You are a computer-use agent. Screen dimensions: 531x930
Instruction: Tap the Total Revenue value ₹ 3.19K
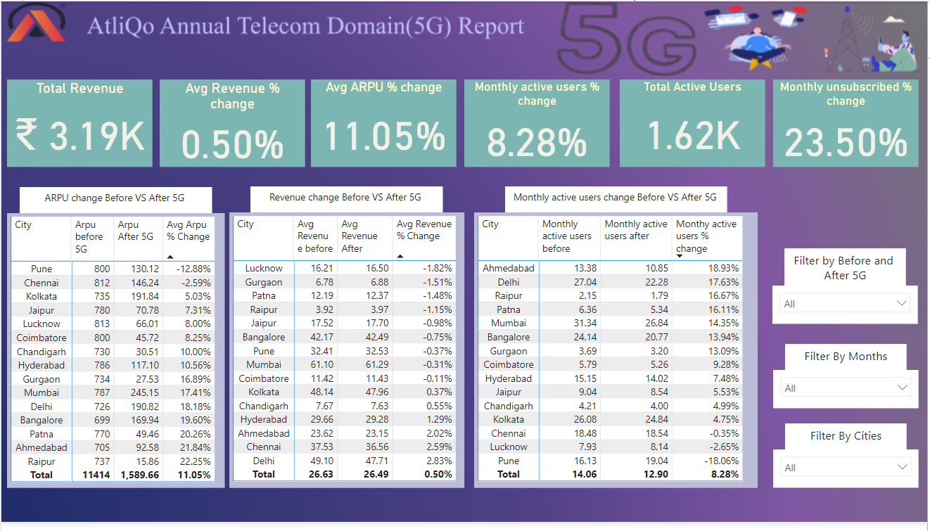point(79,136)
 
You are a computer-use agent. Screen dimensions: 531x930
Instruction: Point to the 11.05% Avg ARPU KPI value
point(385,136)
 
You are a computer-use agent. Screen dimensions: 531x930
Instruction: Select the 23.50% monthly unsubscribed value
point(846,143)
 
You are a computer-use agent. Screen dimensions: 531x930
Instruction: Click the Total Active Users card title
point(692,87)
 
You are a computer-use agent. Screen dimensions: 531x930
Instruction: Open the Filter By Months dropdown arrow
point(902,388)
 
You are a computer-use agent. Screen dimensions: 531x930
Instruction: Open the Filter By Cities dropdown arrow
point(902,467)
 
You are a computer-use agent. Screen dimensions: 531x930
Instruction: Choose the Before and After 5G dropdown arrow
point(902,303)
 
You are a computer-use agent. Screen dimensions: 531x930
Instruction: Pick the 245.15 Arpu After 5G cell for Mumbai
point(139,392)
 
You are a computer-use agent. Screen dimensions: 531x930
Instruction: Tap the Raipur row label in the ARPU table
point(42,461)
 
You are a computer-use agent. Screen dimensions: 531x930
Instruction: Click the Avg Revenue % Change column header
point(423,230)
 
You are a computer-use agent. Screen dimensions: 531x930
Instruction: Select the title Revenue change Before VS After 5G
point(345,198)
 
